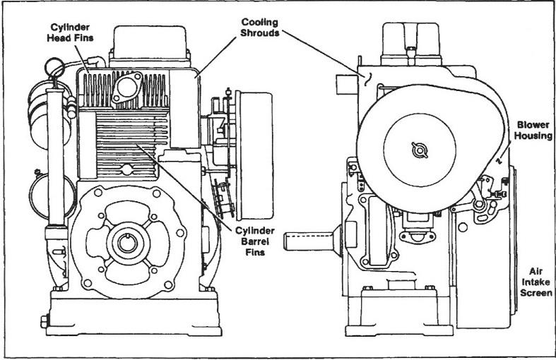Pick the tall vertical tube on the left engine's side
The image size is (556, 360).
52,169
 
